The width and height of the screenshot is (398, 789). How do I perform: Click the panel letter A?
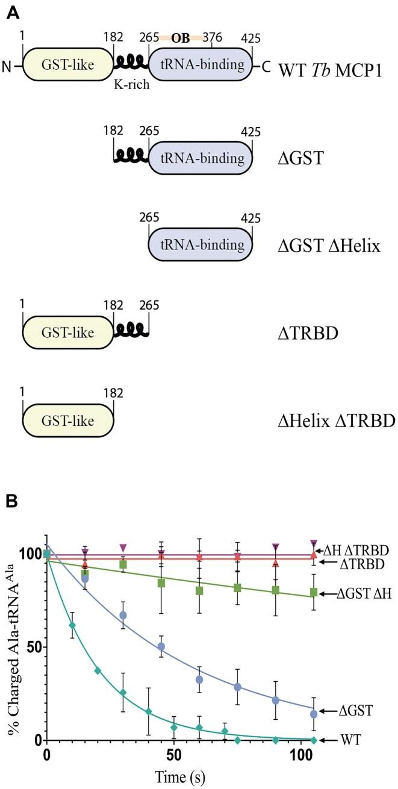pos(11,11)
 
